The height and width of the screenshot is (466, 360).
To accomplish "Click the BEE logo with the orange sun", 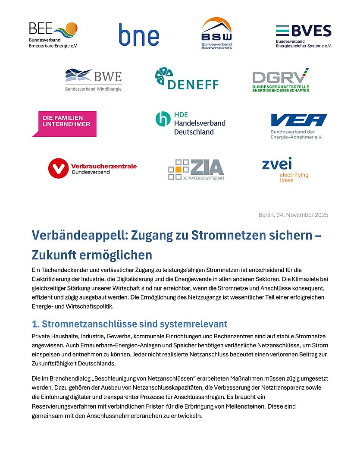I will pyautogui.click(x=53, y=35).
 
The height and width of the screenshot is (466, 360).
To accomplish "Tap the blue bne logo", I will pyautogui.click(x=139, y=35).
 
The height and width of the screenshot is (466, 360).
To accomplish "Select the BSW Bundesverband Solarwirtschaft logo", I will pyautogui.click(x=216, y=34).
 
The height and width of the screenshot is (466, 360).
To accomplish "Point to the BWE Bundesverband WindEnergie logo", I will pyautogui.click(x=94, y=80).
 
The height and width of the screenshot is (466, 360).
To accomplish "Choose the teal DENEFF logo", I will pyautogui.click(x=187, y=79).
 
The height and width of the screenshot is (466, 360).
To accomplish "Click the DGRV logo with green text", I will pyautogui.click(x=281, y=80).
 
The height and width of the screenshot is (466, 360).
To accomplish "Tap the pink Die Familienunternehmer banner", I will pyautogui.click(x=64, y=123).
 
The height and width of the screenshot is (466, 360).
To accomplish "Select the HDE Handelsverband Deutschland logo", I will pyautogui.click(x=190, y=123).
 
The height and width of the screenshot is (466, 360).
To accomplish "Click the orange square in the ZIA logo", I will pyautogui.click(x=177, y=169).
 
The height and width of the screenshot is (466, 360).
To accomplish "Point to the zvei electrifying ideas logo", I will pyautogui.click(x=285, y=169).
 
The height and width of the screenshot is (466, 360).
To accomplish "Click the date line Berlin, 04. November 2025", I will pyautogui.click(x=293, y=215).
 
